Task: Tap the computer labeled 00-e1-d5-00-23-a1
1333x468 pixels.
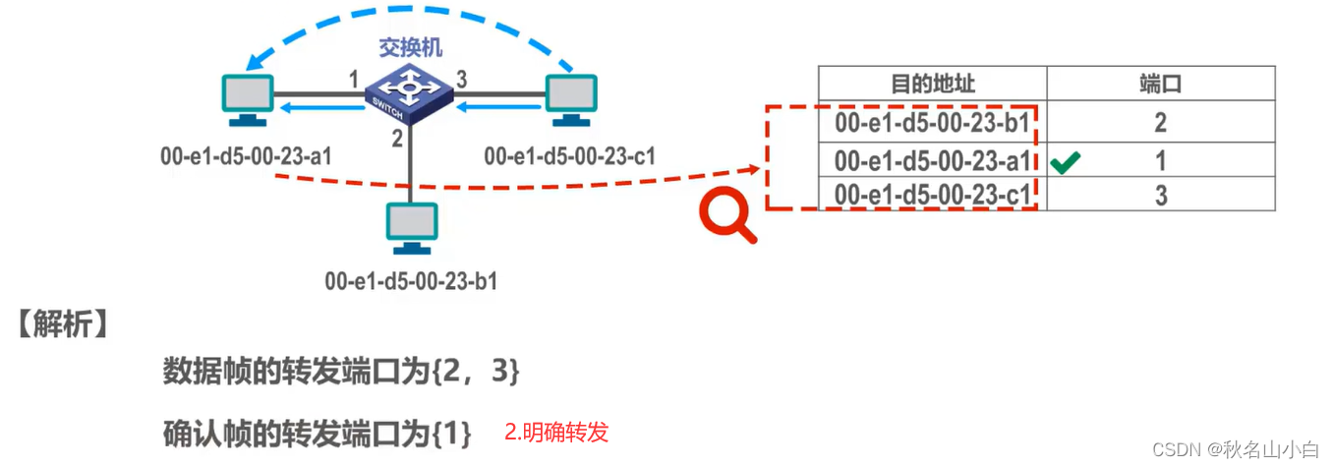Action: (x=248, y=99)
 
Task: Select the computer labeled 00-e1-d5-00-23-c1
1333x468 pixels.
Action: (x=569, y=99)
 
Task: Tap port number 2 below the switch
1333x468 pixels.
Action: (x=397, y=140)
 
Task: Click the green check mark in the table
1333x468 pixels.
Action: (x=1065, y=162)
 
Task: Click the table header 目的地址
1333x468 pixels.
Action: (x=932, y=85)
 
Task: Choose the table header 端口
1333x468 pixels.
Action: (x=1160, y=85)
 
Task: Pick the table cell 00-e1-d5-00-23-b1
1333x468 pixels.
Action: (x=932, y=123)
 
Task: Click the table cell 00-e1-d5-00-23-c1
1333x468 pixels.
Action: (x=932, y=195)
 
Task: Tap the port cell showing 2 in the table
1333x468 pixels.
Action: (x=1160, y=123)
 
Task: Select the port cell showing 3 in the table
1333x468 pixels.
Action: (x=1160, y=195)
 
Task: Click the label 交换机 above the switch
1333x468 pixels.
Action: (x=410, y=47)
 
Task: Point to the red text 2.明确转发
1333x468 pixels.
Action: (x=556, y=432)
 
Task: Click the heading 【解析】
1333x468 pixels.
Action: (x=61, y=325)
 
